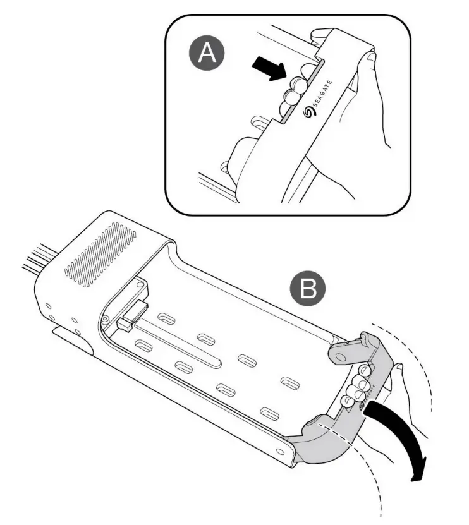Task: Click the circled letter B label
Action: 308,289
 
